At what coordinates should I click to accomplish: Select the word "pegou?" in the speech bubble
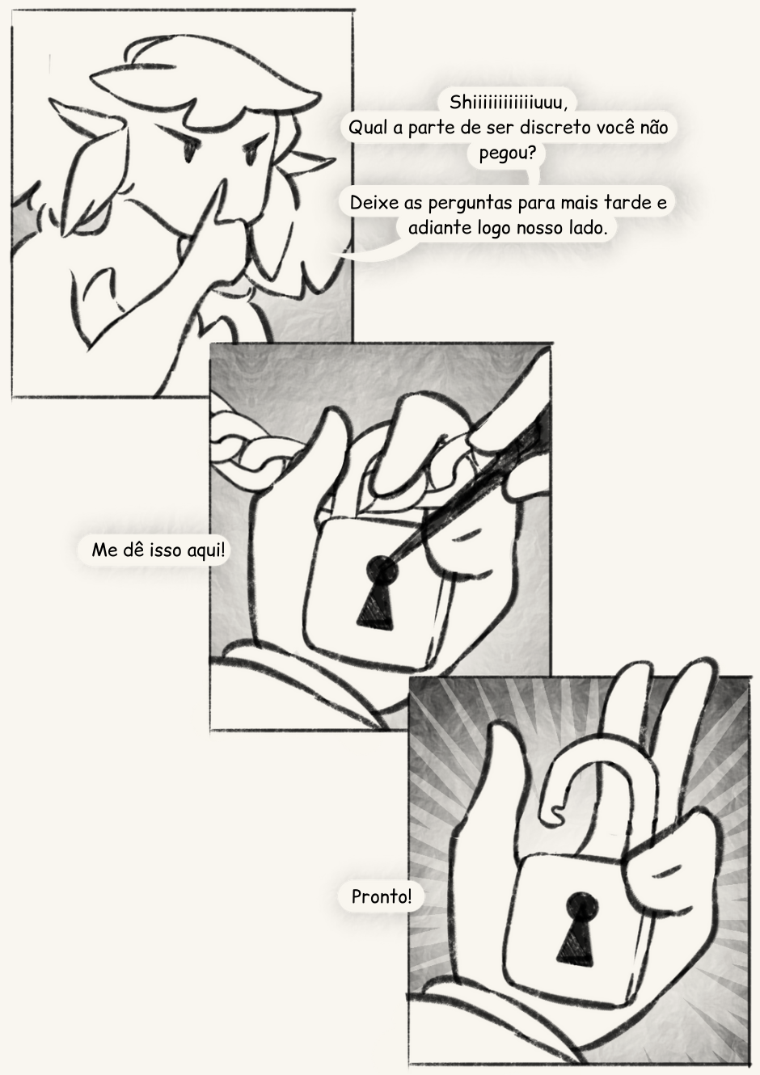click(508, 154)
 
